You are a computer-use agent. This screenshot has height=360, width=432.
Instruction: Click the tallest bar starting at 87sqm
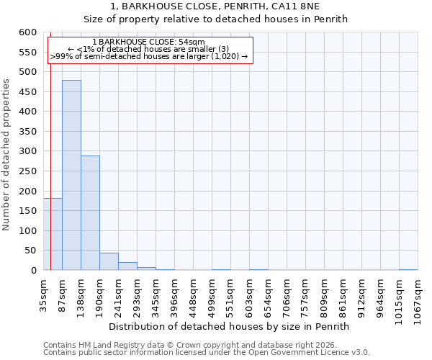click(x=71, y=175)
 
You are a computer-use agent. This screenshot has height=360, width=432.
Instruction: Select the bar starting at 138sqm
click(x=90, y=213)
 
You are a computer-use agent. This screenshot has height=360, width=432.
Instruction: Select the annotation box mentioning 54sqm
click(x=150, y=50)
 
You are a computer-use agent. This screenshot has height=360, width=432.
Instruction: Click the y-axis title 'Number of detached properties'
click(x=6, y=155)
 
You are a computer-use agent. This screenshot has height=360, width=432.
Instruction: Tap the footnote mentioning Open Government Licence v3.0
click(x=207, y=353)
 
